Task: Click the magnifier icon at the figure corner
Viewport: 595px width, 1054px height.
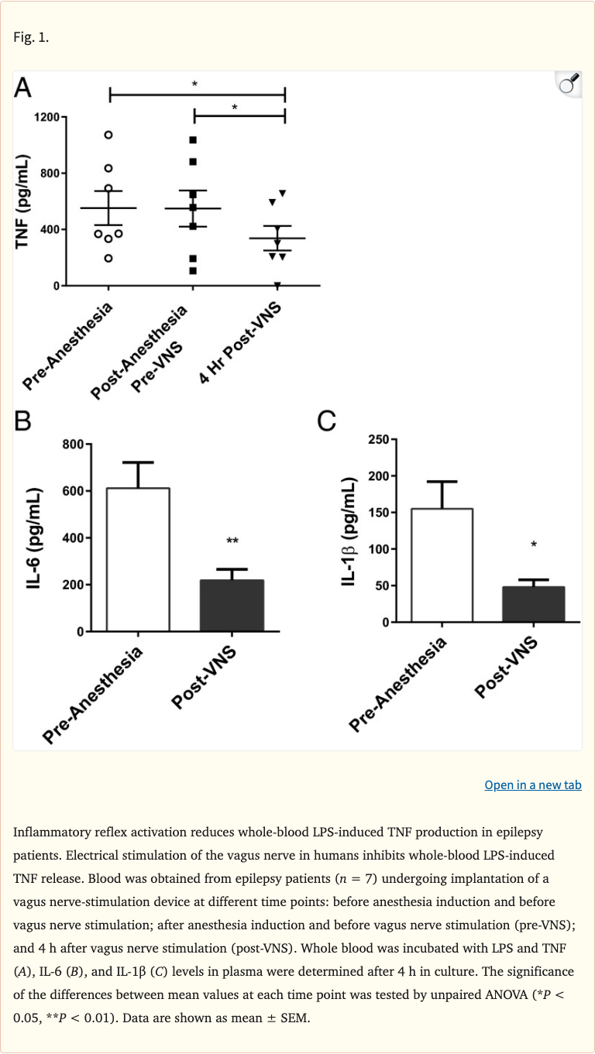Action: point(569,83)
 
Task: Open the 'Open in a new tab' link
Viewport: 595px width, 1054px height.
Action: point(533,784)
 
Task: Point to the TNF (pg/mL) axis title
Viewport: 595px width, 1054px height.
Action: point(22,201)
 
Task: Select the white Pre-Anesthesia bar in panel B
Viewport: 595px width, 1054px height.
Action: point(139,559)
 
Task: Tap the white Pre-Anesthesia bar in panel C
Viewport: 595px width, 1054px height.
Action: point(442,565)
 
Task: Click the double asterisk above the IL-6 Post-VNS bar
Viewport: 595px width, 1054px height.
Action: point(232,542)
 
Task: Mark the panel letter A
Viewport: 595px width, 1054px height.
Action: point(23,89)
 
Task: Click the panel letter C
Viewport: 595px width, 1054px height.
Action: point(327,421)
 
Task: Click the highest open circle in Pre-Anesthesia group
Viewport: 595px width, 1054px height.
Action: point(108,135)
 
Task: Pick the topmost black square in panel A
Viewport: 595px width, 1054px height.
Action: point(193,140)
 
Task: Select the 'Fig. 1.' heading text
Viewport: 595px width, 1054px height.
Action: point(31,36)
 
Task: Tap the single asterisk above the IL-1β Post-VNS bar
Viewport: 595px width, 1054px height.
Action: point(534,545)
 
